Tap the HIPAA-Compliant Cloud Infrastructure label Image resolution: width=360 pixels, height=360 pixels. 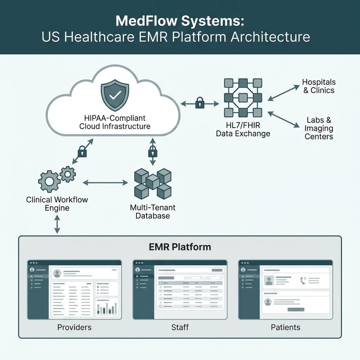click(x=115, y=122)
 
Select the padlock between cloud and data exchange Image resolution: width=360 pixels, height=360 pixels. click(x=200, y=103)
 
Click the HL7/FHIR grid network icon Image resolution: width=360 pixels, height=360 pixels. click(x=243, y=98)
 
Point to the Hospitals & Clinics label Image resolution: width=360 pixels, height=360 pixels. click(x=319, y=86)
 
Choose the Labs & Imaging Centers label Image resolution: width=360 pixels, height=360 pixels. click(x=319, y=129)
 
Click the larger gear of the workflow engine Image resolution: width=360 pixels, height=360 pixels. click(x=49, y=181)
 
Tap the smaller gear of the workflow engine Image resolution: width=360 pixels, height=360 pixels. click(x=68, y=174)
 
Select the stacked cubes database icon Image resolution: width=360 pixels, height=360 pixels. click(x=153, y=183)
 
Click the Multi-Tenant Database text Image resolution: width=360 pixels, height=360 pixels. click(x=153, y=212)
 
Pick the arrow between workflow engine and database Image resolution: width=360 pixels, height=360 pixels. click(x=105, y=182)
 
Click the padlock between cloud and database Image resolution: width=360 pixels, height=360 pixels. click(x=152, y=152)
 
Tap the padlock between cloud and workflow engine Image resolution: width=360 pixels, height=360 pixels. click(x=82, y=152)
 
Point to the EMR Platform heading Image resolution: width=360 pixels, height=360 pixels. click(x=180, y=247)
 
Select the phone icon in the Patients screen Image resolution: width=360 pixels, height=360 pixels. click(x=303, y=280)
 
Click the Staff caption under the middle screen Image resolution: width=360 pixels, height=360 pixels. click(x=180, y=327)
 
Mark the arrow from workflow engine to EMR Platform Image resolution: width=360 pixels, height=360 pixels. click(x=57, y=225)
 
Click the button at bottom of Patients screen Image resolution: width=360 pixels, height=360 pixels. click(x=296, y=309)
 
